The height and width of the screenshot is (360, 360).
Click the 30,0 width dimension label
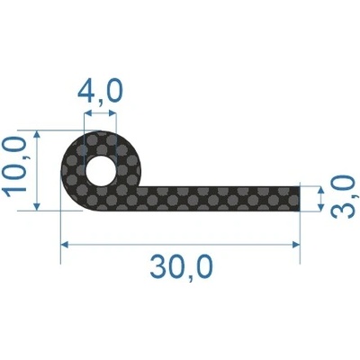(x=181, y=266)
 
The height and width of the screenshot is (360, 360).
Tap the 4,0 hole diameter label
(x=100, y=89)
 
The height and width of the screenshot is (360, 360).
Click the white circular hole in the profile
(x=101, y=170)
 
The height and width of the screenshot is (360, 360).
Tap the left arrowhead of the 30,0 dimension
(x=65, y=245)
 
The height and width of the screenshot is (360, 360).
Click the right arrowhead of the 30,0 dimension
(x=296, y=245)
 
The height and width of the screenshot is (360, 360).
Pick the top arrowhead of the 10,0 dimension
(x=37, y=135)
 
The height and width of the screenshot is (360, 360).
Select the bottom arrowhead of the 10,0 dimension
(x=37, y=206)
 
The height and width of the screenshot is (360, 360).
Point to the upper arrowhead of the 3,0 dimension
(x=320, y=191)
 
